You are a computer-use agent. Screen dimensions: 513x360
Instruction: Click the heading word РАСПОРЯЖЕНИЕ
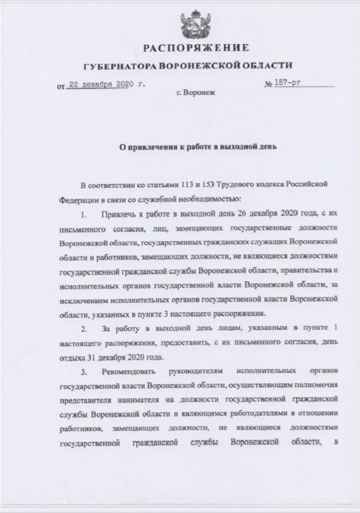point(196,49)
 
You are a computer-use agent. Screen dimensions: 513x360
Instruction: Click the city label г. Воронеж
point(195,94)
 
